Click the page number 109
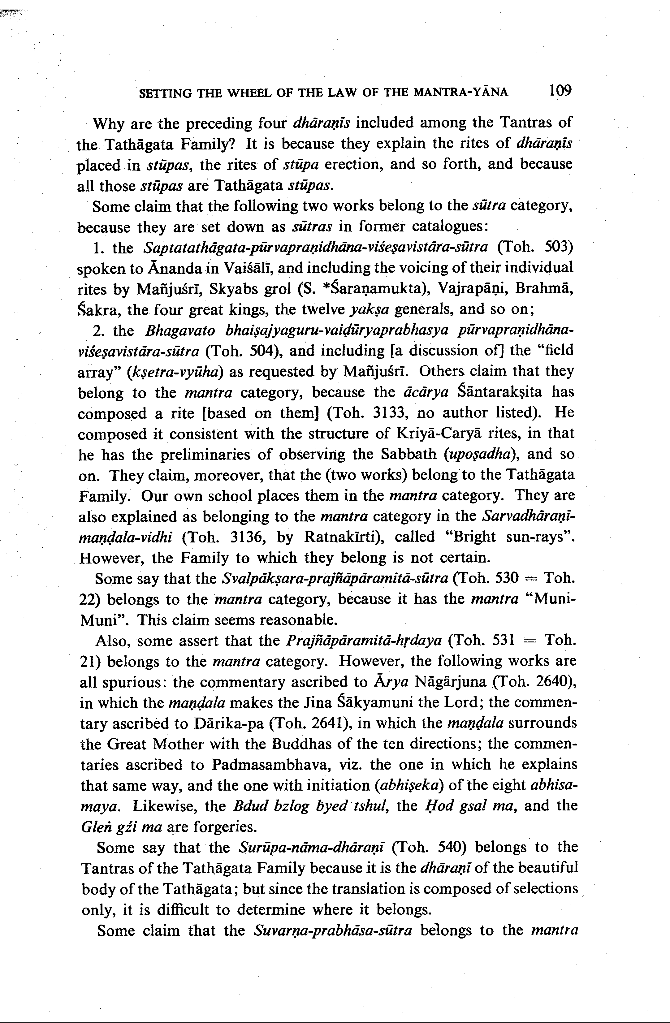560,91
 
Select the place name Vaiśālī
249,268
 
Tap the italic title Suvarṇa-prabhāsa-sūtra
333,930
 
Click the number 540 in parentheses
451,847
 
